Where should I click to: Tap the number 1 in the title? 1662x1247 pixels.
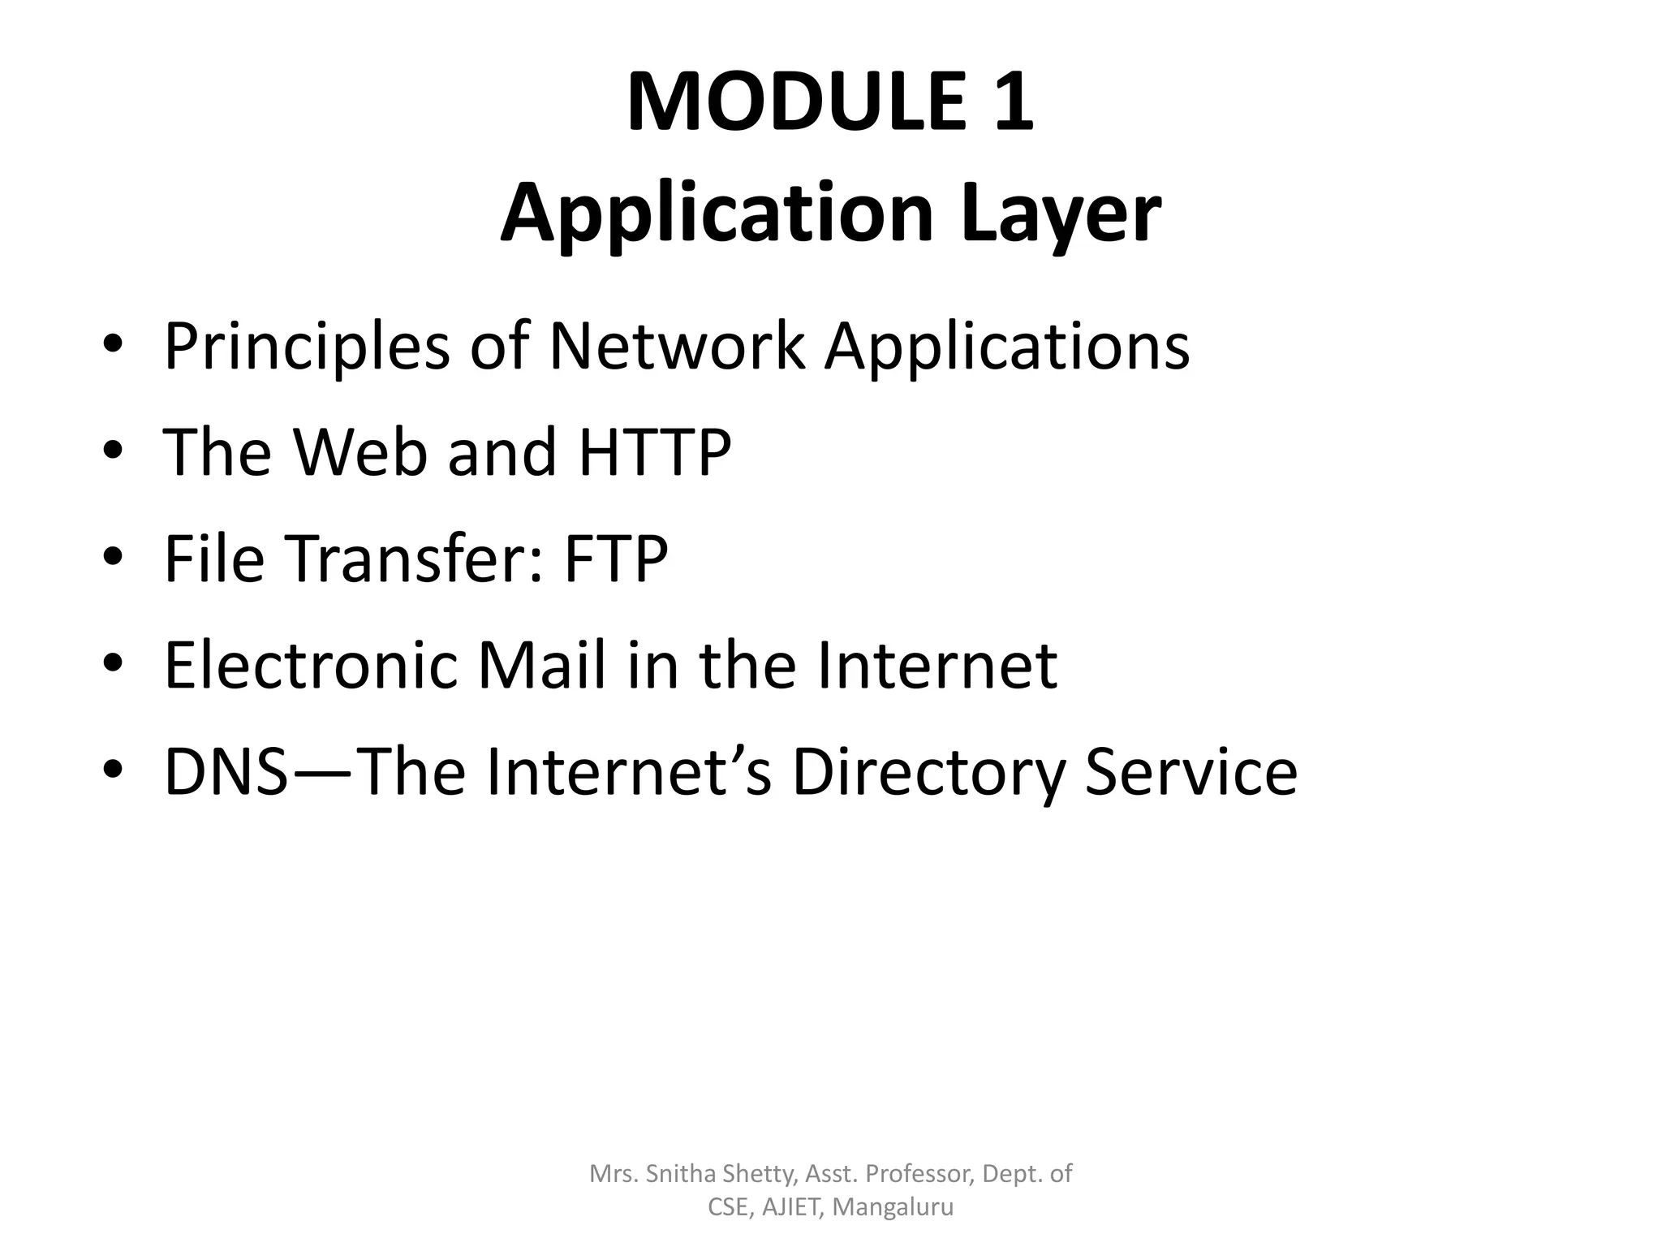1013,102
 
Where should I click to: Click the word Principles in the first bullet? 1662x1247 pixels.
307,347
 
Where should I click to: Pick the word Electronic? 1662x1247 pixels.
312,665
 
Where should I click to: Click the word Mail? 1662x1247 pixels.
542,665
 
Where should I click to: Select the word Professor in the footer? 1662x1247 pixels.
919,1173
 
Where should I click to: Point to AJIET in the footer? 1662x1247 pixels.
793,1207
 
